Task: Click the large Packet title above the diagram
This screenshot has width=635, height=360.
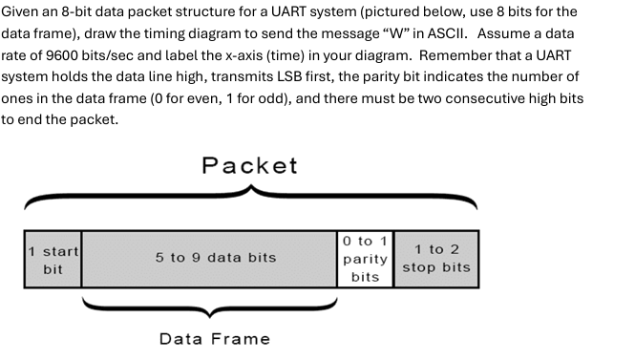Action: coord(249,165)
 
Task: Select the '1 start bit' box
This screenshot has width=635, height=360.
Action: coord(53,260)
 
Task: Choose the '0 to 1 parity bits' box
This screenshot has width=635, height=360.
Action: coord(365,259)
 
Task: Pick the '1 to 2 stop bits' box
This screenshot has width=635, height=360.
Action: coord(436,258)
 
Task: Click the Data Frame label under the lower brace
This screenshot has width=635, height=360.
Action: coord(214,338)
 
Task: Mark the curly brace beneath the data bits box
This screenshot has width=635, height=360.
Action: coord(210,307)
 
